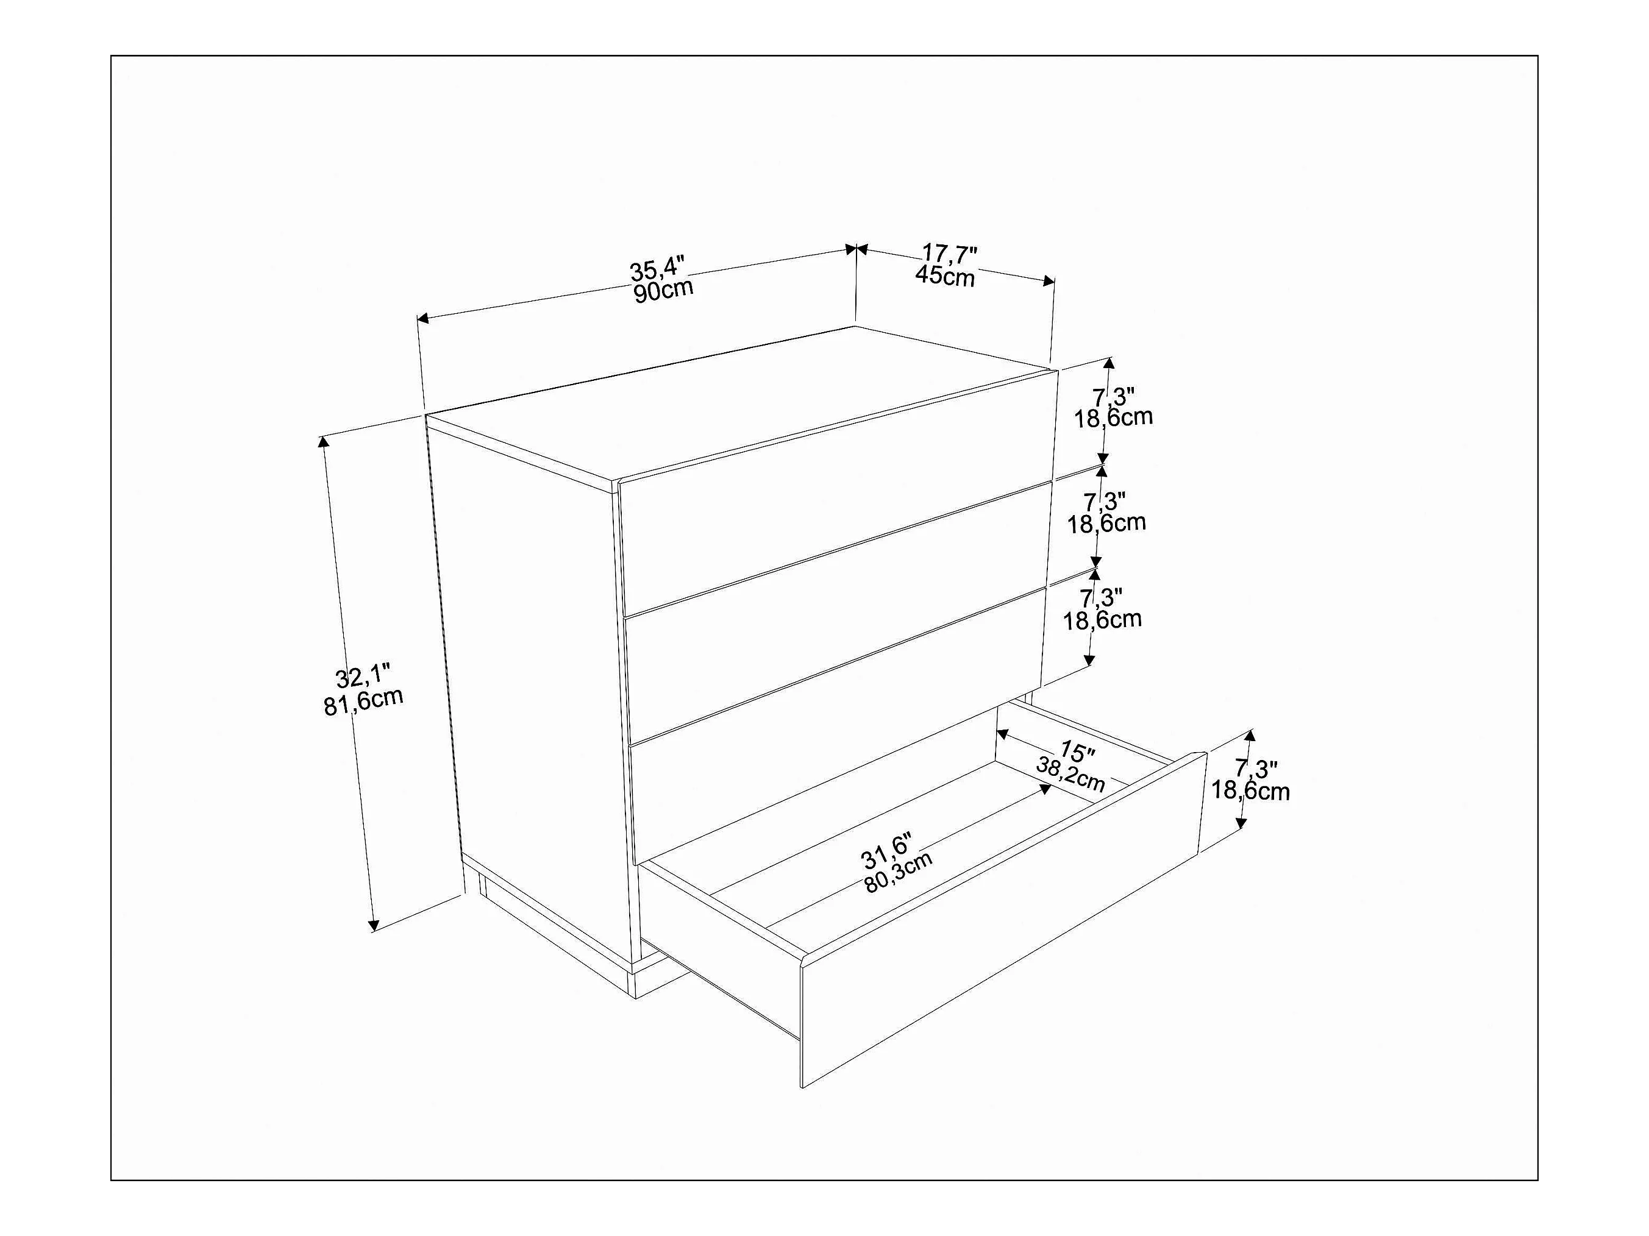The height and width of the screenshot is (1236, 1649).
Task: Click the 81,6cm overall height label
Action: (x=363, y=701)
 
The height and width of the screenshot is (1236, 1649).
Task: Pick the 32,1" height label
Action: (x=363, y=678)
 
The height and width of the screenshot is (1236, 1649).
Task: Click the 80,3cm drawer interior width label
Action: (x=899, y=872)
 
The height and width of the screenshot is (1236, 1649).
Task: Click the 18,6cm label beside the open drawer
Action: (x=1250, y=790)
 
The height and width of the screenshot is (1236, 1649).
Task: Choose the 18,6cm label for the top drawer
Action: (x=1113, y=417)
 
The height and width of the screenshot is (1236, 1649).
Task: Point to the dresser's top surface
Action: (x=738, y=403)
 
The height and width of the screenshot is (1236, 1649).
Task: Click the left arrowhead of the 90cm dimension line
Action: (x=422, y=319)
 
